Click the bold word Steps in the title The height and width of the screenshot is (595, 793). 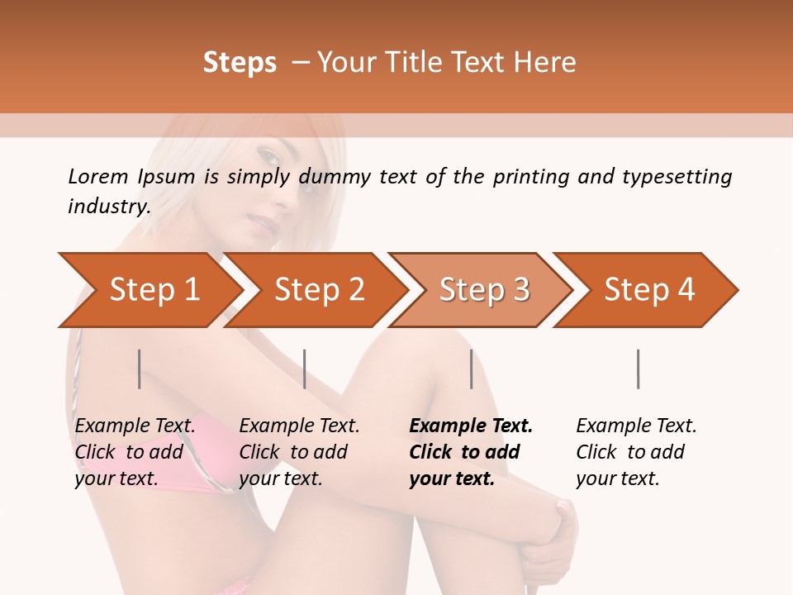tap(240, 63)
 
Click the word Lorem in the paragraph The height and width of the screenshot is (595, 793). tap(97, 177)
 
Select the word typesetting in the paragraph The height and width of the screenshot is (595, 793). tap(677, 177)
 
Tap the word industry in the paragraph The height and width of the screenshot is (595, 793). tap(108, 207)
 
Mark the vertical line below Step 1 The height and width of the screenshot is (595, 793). tap(139, 369)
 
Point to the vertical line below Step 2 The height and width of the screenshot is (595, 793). tap(305, 369)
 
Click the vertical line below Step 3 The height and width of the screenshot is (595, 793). tap(471, 369)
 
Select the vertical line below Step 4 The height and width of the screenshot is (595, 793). tap(638, 369)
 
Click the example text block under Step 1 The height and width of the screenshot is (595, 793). tap(135, 452)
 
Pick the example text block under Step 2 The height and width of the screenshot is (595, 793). tap(299, 452)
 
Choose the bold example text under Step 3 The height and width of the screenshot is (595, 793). tap(470, 452)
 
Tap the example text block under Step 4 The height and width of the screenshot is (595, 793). tap(636, 452)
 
